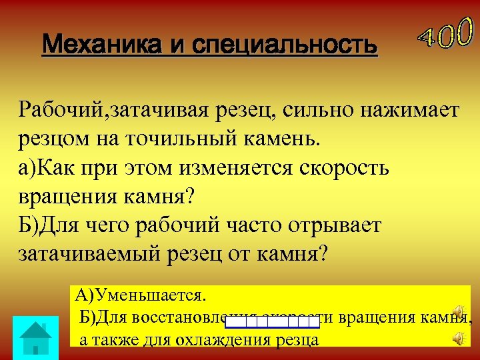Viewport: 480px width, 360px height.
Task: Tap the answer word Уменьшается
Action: pyautogui.click(x=151, y=295)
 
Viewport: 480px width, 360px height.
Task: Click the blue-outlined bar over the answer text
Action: pyautogui.click(x=272, y=323)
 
